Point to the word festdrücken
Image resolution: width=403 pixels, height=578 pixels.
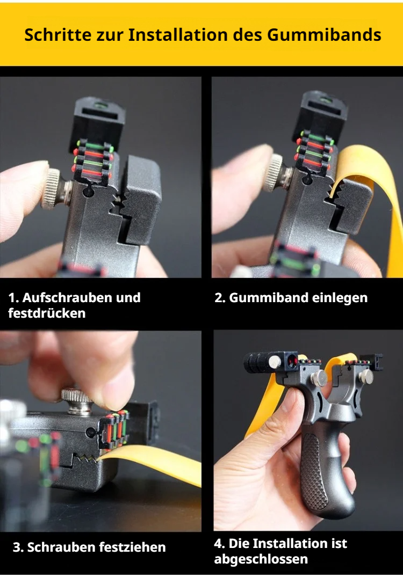click(x=47, y=313)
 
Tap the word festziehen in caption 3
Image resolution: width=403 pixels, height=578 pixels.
click(x=134, y=547)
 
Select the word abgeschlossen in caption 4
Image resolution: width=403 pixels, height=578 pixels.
click(x=261, y=559)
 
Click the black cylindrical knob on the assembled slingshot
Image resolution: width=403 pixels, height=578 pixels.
click(x=256, y=362)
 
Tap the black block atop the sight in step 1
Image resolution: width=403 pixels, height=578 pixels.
click(x=97, y=123)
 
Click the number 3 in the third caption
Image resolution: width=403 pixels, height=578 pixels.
click(x=17, y=547)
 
